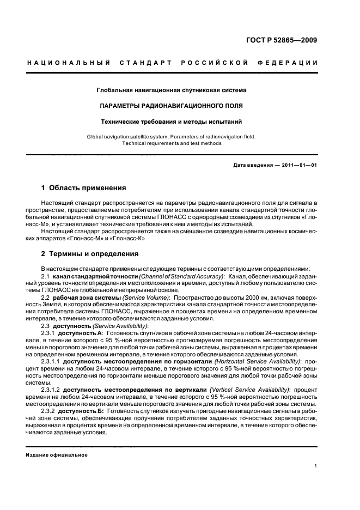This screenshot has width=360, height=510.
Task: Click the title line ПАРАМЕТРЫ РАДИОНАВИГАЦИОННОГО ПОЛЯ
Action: pos(171,105)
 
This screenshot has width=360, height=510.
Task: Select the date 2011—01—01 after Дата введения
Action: pos(298,165)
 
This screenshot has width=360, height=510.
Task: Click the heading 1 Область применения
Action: pos(83,188)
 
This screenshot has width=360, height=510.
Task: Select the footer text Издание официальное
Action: pos(57,455)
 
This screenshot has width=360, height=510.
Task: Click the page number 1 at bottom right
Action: pos(316,465)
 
